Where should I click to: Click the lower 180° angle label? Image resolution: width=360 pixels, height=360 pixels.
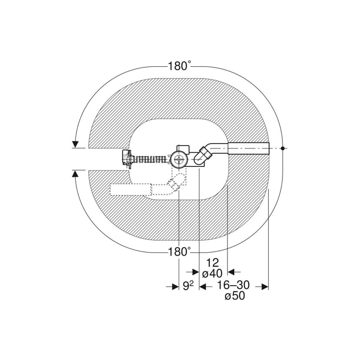tap(179, 252)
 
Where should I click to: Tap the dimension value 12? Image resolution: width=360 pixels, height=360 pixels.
tap(212, 263)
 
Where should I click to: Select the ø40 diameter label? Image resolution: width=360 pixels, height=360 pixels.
tap(212, 274)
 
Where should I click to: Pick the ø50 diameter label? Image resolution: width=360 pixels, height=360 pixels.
tap(235, 296)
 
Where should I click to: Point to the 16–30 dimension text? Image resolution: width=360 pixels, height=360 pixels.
tap(233, 285)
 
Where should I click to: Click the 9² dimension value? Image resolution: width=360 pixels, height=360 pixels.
tap(188, 286)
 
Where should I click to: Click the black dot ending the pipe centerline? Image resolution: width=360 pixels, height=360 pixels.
tap(283, 148)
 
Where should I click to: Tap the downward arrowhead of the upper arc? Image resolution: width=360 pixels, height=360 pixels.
tap(75, 144)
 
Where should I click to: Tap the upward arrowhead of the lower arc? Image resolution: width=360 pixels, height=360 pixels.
tap(75, 174)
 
